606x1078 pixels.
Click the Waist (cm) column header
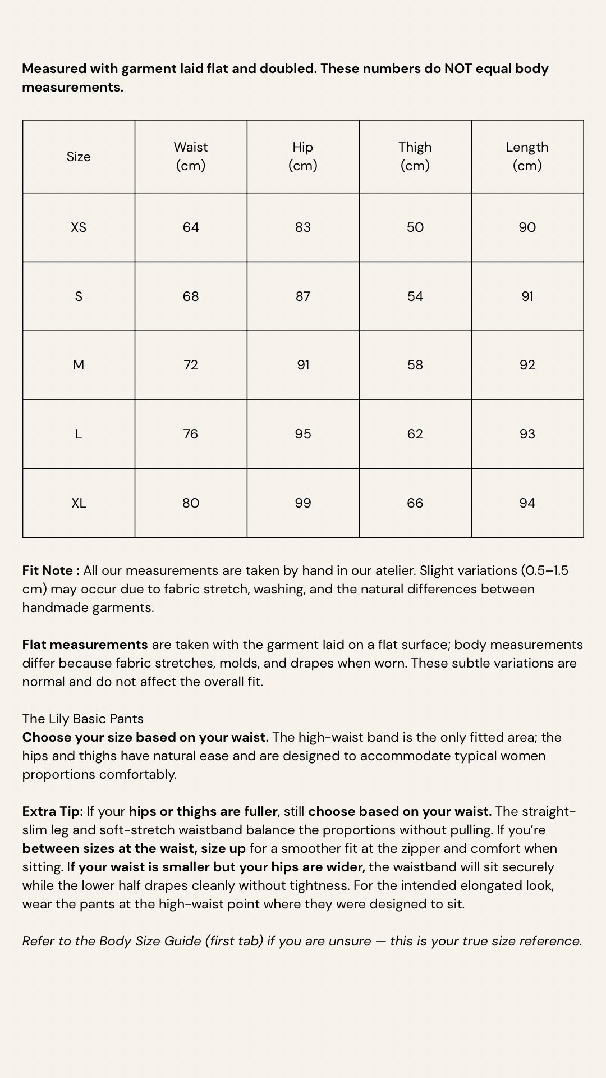click(x=191, y=156)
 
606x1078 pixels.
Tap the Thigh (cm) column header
click(x=415, y=156)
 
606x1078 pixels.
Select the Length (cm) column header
click(x=527, y=156)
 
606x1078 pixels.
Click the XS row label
click(x=79, y=227)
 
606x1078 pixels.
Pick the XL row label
click(x=79, y=503)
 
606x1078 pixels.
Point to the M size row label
click(x=79, y=365)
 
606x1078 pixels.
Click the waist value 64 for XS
click(x=191, y=227)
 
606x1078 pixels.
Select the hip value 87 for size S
click(x=303, y=296)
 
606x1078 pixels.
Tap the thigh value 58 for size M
click(x=415, y=365)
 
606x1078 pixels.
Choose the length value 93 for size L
click(x=527, y=434)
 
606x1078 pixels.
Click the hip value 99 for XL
click(x=303, y=503)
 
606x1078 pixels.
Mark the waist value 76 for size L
click(x=191, y=434)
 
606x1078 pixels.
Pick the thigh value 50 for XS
click(x=415, y=227)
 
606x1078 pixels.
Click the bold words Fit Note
click(x=48, y=570)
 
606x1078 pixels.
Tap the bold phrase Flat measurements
click(x=85, y=645)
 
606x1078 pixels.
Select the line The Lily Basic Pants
click(x=83, y=719)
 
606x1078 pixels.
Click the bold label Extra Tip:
click(x=53, y=811)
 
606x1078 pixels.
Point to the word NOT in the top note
click(x=459, y=68)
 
